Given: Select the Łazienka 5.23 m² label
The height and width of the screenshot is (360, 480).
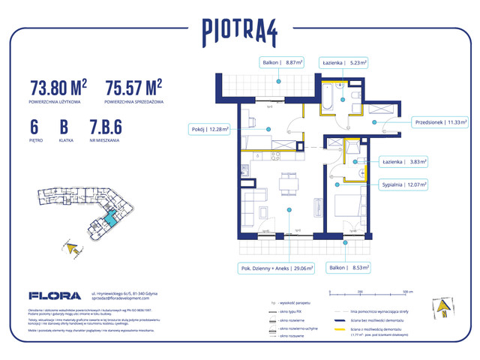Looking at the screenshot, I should (343, 64).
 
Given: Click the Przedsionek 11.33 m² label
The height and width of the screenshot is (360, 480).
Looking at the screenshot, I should (440, 120).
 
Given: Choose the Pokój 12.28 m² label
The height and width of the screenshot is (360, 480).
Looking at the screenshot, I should (208, 130).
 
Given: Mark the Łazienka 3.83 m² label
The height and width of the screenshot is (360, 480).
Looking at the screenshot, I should (403, 161).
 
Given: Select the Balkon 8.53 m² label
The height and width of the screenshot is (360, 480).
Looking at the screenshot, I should (346, 266).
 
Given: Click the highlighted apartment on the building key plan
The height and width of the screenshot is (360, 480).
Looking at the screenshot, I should (109, 218).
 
